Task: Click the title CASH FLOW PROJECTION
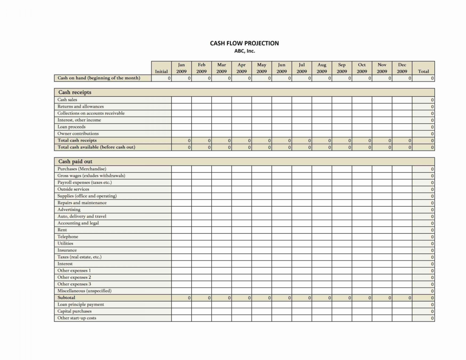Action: (x=244, y=43)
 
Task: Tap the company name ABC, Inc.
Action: (x=244, y=51)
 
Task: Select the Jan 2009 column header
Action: (x=182, y=68)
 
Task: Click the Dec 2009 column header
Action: (x=402, y=68)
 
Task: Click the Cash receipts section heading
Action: (x=75, y=92)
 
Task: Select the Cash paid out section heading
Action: (x=75, y=161)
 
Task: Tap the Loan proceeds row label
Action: (x=71, y=127)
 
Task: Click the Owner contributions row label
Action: (x=78, y=134)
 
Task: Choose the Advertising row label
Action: (x=69, y=210)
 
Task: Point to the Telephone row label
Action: (x=68, y=237)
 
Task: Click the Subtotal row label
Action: (x=66, y=298)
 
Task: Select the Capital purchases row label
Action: (x=74, y=311)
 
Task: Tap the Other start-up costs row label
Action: (x=76, y=318)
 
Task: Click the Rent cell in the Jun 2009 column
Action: (x=282, y=230)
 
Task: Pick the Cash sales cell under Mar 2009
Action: (x=222, y=100)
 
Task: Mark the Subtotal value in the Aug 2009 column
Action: (x=322, y=298)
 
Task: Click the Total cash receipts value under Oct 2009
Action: (x=362, y=141)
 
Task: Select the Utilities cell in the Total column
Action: (x=423, y=244)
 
